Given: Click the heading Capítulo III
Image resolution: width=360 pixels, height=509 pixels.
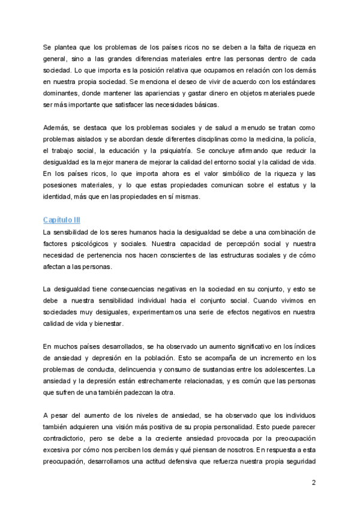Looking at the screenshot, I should pos(62,220).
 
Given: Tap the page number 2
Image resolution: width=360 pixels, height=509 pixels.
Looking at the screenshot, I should pos(314,483).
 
